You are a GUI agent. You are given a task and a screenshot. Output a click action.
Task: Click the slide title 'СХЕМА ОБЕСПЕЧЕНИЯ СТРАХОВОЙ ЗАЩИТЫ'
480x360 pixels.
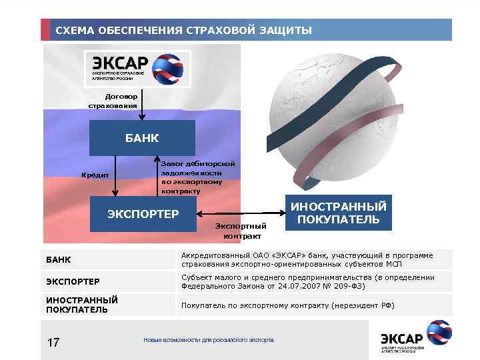pos(183,31)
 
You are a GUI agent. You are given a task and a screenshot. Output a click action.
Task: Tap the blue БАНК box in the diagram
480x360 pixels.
pos(142,138)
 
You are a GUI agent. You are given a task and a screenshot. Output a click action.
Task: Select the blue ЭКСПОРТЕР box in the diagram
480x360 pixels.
pos(143,214)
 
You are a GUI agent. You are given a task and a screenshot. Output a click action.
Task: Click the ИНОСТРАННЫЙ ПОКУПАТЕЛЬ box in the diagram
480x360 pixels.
pos(338,214)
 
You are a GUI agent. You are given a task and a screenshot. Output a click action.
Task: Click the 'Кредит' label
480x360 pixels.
pos(95,175)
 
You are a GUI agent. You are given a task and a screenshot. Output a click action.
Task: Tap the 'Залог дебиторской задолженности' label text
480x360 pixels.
pos(197,167)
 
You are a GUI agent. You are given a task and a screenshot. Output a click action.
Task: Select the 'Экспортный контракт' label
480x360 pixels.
pos(241,231)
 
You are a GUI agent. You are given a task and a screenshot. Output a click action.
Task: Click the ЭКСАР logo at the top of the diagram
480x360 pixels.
pos(137,68)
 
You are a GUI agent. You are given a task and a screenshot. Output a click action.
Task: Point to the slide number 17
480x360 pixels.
pos(54,343)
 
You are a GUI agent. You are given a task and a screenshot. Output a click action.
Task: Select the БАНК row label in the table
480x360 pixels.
pos(59,259)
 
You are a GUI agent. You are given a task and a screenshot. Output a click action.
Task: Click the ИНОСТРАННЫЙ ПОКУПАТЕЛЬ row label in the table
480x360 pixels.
pos(82,305)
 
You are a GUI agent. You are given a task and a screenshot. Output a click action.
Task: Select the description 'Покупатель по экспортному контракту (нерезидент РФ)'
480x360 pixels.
pos(287,305)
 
